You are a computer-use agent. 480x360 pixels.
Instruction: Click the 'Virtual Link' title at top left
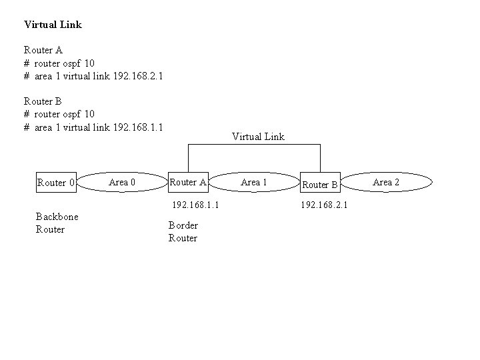pos(53,25)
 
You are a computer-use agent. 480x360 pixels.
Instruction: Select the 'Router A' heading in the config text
pos(43,50)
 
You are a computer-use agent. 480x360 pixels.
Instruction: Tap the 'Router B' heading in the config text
pos(43,101)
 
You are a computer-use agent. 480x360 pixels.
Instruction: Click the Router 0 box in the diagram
pos(57,182)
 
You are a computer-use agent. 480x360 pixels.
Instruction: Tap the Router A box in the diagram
pos(189,181)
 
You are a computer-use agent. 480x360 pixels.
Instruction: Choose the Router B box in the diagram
pos(321,184)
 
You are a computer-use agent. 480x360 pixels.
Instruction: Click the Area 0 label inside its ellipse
pos(122,182)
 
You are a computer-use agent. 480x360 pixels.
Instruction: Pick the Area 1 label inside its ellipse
pos(254,182)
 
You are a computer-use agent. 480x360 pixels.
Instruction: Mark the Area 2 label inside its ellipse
pos(386,182)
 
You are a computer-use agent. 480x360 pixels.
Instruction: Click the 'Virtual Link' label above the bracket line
pos(258,137)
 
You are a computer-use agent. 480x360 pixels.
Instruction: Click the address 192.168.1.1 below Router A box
pos(196,205)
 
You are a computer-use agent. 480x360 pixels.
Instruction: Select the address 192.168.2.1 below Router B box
pos(324,205)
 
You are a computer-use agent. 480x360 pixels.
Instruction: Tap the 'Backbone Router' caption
pos(57,223)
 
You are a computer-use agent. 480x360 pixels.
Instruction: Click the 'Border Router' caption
pos(183,231)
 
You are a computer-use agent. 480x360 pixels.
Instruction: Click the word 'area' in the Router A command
pos(43,76)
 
